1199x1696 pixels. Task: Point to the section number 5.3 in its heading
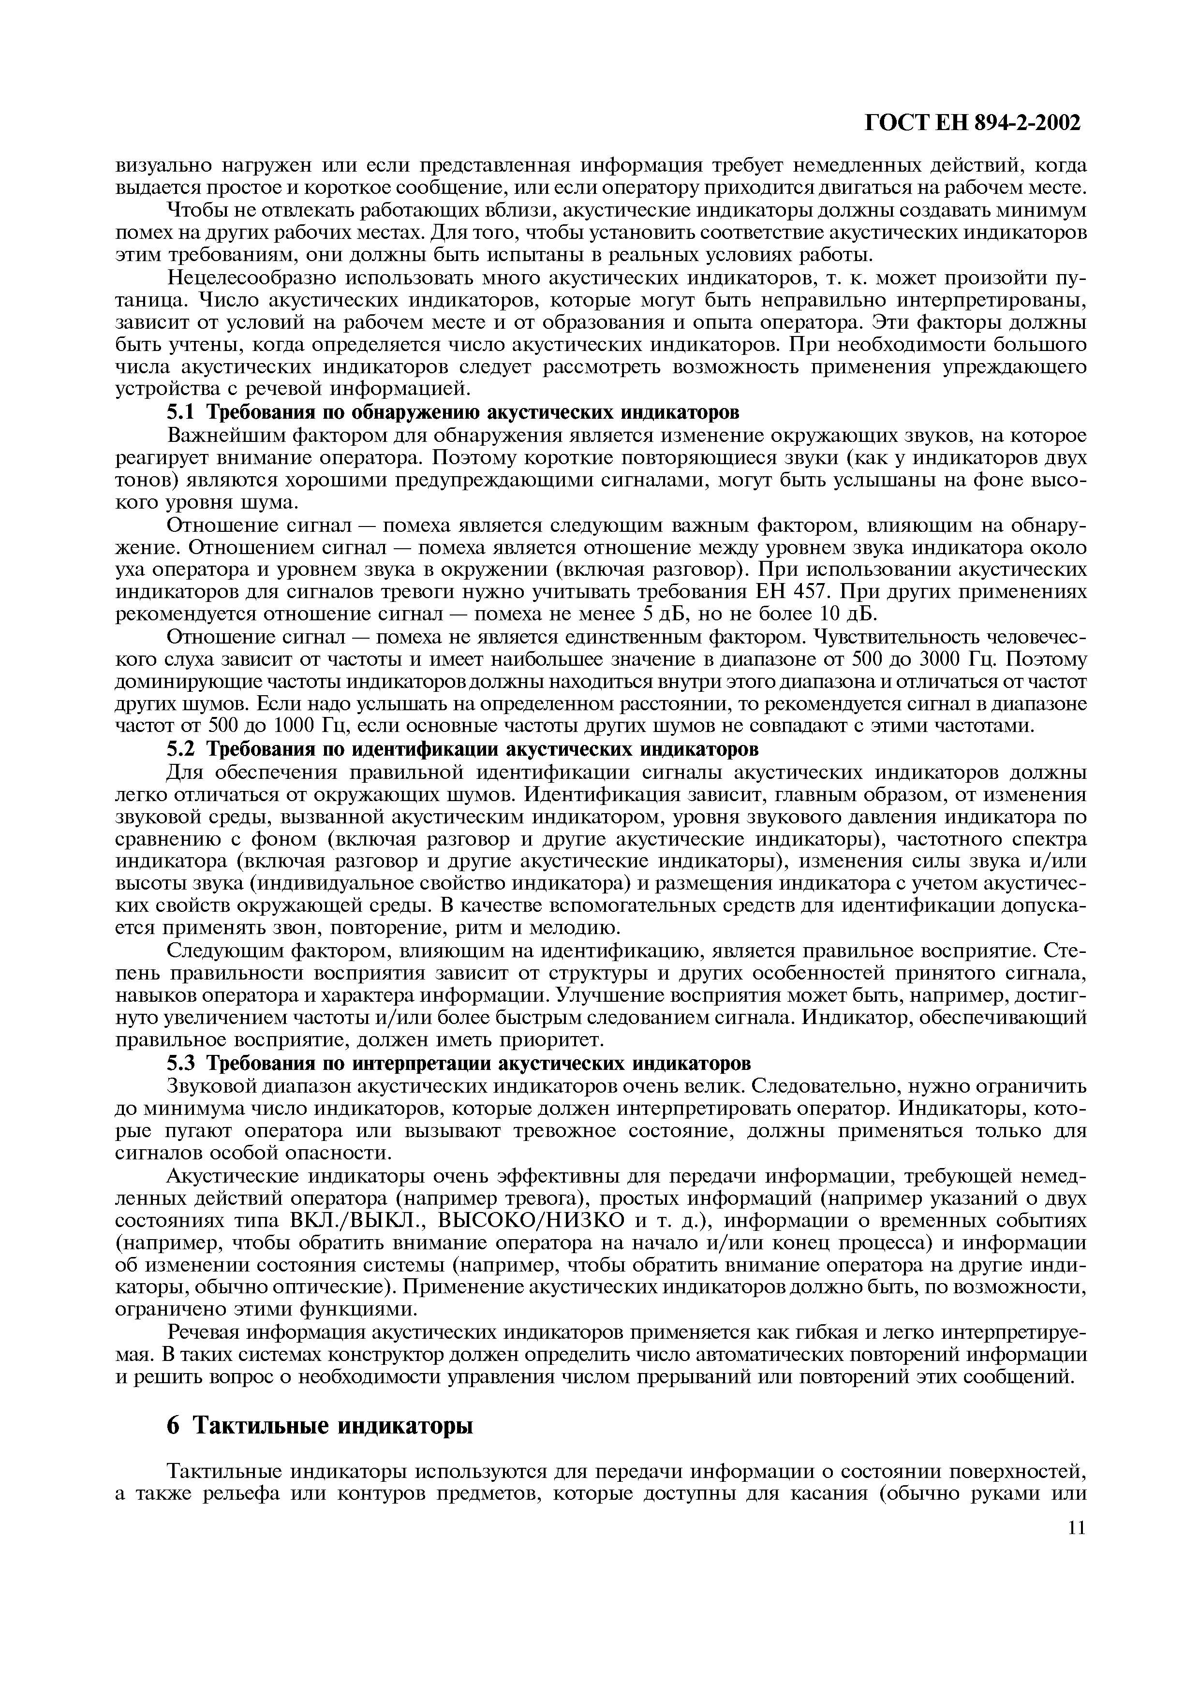pyautogui.click(x=182, y=1064)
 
